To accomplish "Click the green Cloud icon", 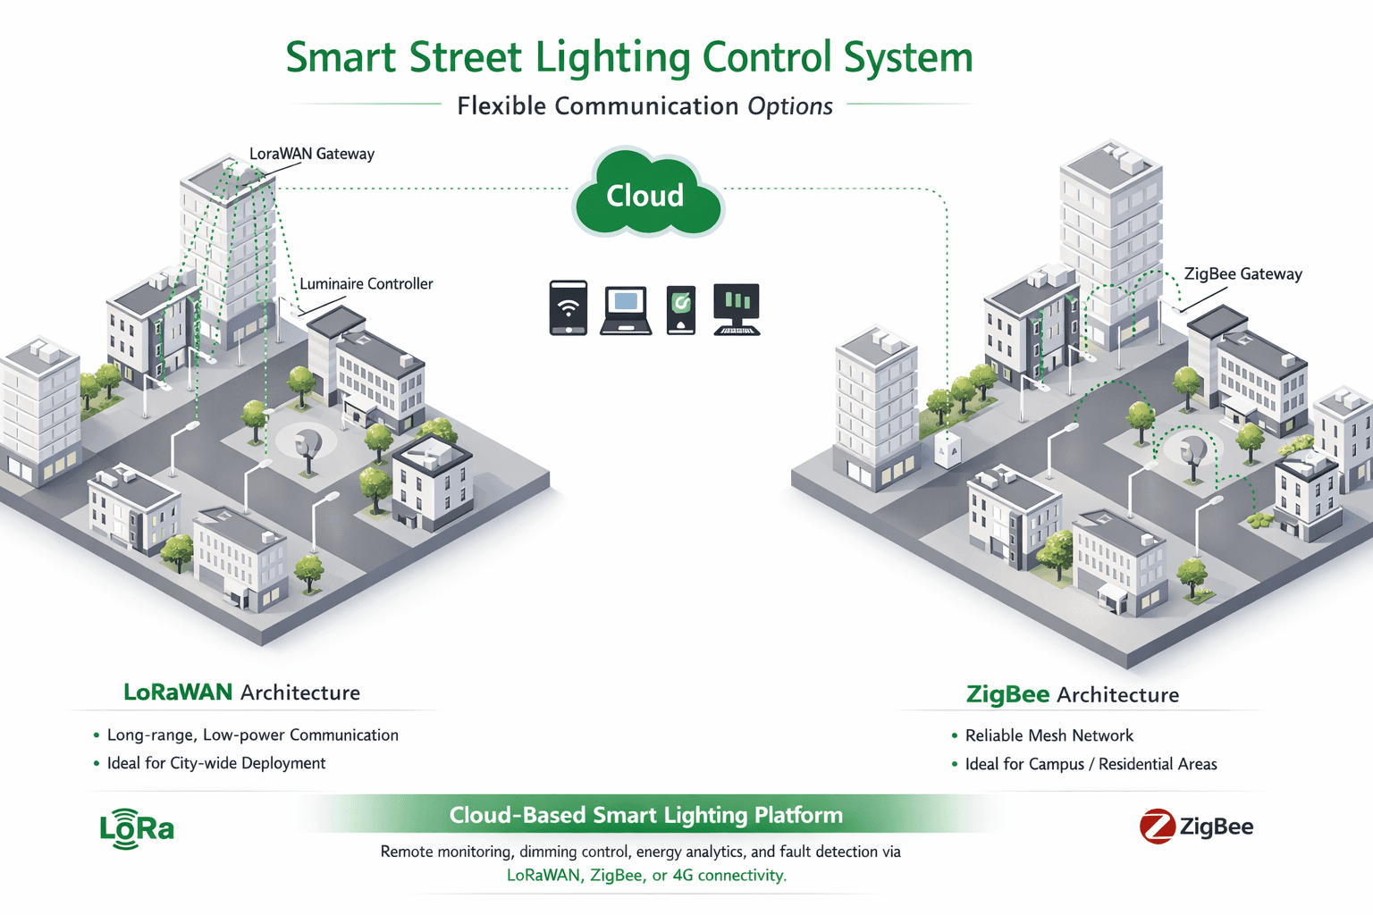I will tap(646, 195).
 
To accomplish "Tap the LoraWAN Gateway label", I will tap(311, 154).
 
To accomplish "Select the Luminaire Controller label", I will tap(366, 284).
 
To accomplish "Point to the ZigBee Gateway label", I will tap(1242, 274).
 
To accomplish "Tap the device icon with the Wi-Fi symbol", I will tap(569, 308).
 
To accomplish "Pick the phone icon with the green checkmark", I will tap(681, 309).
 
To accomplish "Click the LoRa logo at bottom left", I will tap(137, 828).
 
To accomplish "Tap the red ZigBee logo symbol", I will tap(1158, 827).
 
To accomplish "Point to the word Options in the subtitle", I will tap(790, 106).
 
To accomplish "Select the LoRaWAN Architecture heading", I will tap(241, 693).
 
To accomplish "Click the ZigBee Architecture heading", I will tap(1072, 695).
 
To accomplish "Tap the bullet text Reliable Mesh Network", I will tap(1049, 735).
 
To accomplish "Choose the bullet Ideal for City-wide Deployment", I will tap(216, 763).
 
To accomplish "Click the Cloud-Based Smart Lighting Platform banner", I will tap(645, 815).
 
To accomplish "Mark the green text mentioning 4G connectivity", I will tap(646, 876).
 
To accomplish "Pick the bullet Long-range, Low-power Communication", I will tap(253, 735).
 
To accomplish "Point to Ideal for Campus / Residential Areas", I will tap(1091, 764).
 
